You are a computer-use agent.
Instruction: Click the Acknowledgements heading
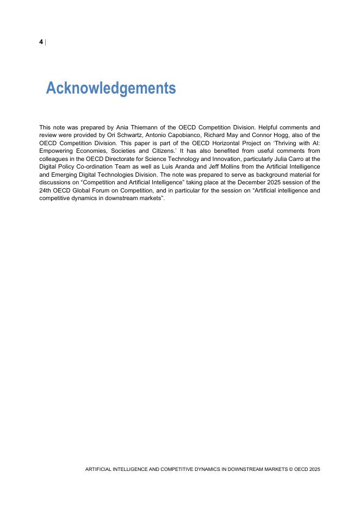111,88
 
